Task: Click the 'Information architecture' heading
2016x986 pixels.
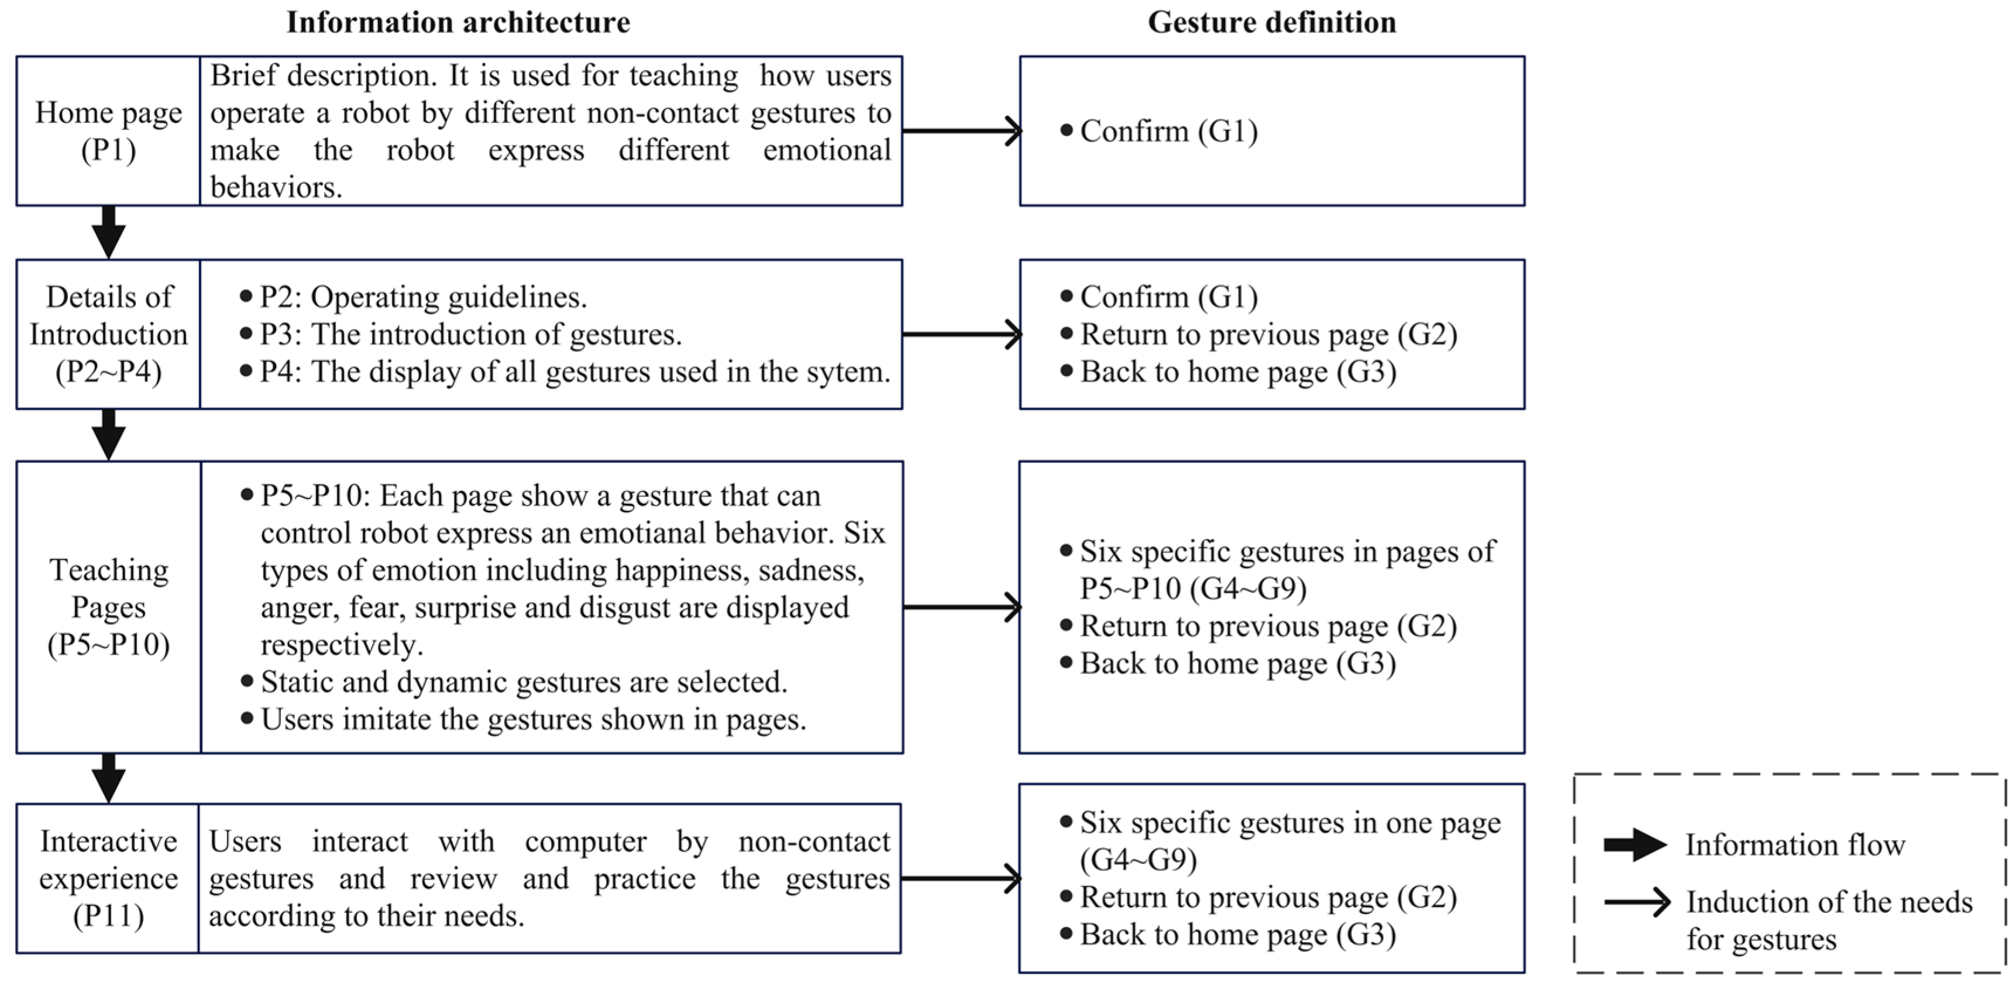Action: pos(458,22)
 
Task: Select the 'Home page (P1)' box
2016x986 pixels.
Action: pos(108,130)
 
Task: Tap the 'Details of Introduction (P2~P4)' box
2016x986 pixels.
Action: pos(108,334)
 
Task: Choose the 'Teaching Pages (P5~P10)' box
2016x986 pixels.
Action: pos(108,607)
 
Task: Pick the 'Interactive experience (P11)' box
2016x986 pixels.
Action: pos(108,878)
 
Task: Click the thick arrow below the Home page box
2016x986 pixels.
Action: pos(108,232)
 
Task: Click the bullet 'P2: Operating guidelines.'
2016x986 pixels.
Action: pos(422,297)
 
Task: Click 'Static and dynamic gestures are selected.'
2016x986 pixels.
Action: pos(523,682)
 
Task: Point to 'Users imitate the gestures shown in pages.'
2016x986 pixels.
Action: pos(532,719)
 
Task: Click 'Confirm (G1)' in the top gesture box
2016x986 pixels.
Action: pos(1168,130)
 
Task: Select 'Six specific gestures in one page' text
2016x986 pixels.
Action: pos(1290,823)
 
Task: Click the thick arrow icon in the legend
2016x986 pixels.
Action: pos(1634,844)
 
